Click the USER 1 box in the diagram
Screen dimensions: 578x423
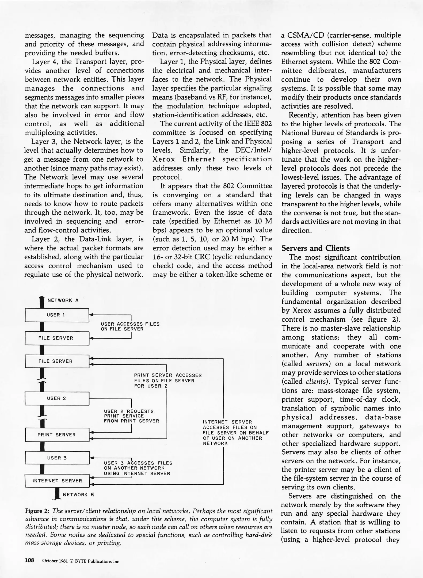[x=57, y=315]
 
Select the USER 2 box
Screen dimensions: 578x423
[x=57, y=398]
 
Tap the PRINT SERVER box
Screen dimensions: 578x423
[x=57, y=435]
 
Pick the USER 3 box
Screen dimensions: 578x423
[x=57, y=458]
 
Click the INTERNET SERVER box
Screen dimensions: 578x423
[x=57, y=481]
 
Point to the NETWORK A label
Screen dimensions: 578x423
[x=63, y=300]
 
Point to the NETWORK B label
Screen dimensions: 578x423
[x=78, y=495]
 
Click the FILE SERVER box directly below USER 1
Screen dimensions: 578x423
[x=57, y=338]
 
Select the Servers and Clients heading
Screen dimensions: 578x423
[x=315, y=248]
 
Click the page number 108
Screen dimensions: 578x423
[x=29, y=561]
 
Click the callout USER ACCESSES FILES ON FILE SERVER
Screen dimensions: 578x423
[x=130, y=326]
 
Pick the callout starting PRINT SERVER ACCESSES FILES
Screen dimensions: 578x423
[x=168, y=381]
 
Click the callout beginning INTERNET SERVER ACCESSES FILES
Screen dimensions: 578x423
[x=235, y=433]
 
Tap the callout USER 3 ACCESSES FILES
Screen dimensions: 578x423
[x=138, y=468]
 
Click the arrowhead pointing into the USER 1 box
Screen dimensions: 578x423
[x=91, y=315]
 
